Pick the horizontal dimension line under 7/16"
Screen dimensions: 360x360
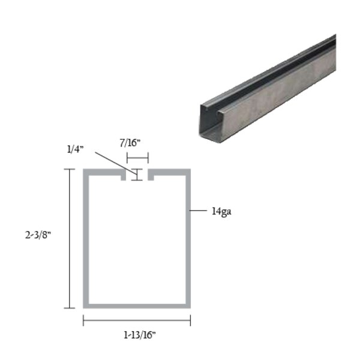click(x=137, y=158)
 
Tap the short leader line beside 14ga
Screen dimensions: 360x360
click(x=197, y=211)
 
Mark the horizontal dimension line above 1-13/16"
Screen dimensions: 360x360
click(x=137, y=321)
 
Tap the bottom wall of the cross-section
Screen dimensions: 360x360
click(x=137, y=305)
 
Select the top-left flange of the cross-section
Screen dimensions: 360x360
click(x=103, y=172)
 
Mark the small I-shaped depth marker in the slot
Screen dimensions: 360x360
click(x=137, y=175)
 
